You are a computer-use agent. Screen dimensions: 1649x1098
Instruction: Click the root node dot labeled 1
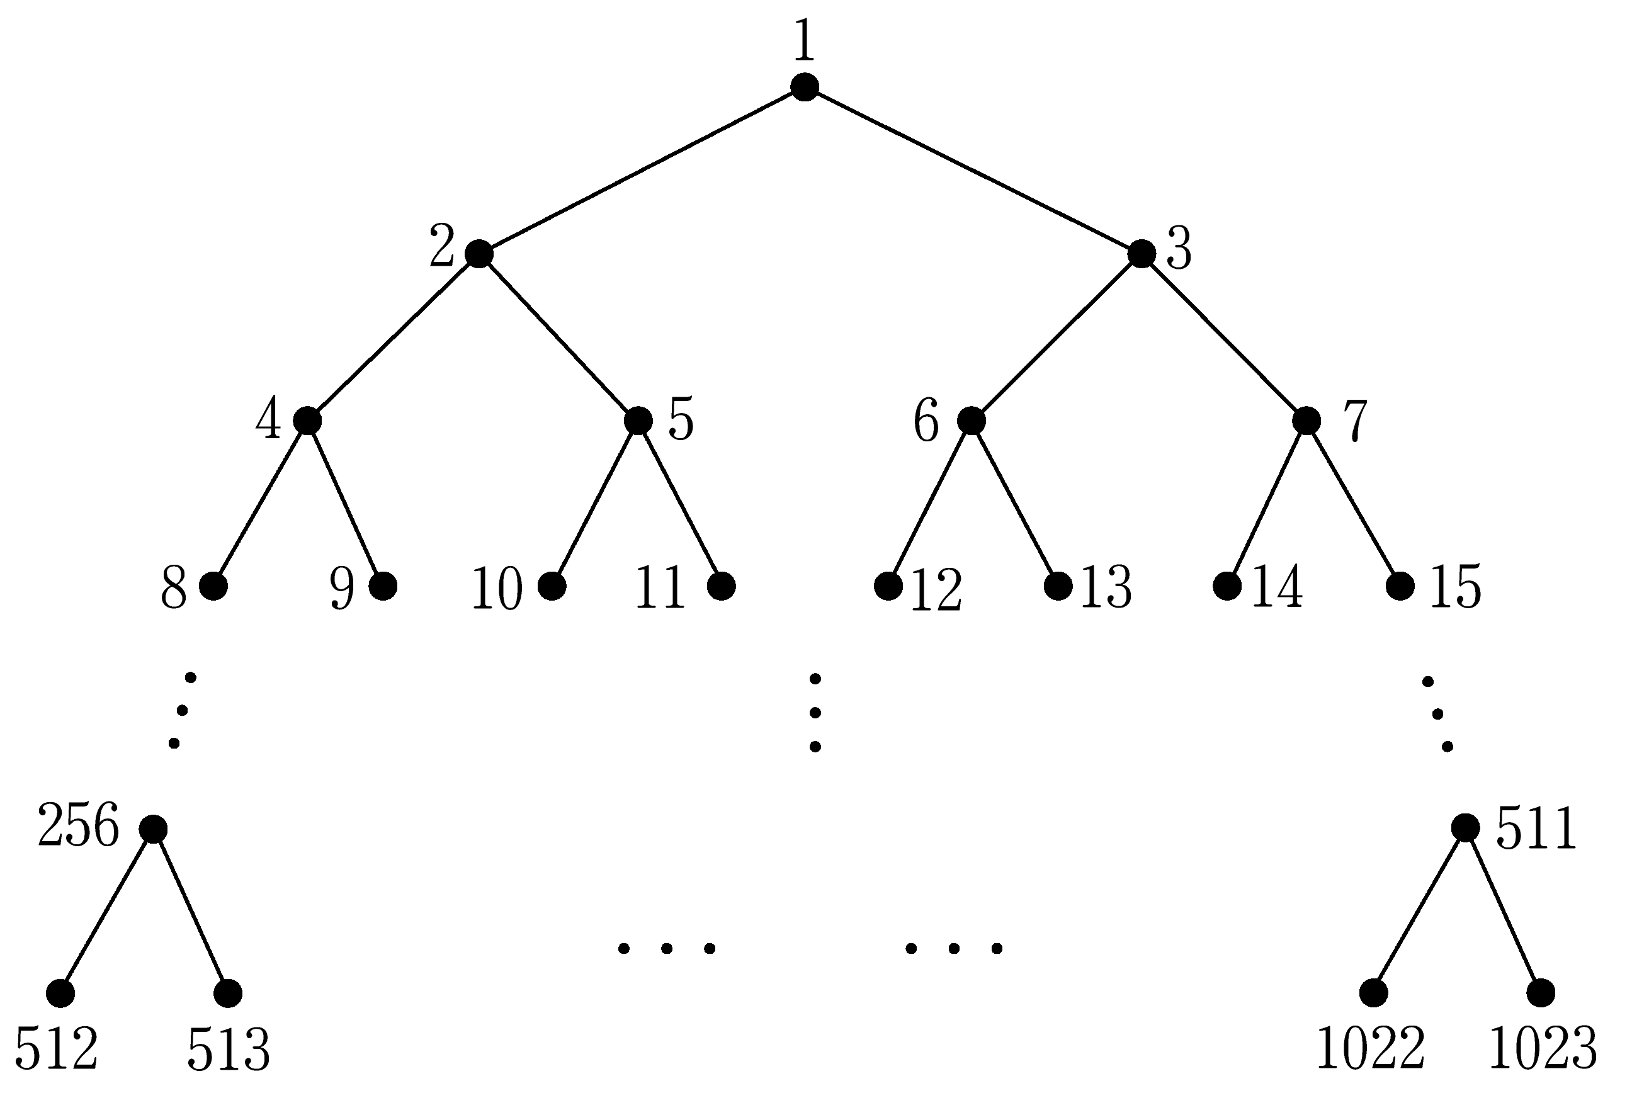[x=805, y=87]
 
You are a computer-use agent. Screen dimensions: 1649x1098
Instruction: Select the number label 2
[x=443, y=246]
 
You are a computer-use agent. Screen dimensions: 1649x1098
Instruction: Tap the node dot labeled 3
[x=1142, y=254]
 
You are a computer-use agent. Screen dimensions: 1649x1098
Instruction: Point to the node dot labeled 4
[x=307, y=420]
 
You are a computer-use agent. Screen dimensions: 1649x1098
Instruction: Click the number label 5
[x=681, y=419]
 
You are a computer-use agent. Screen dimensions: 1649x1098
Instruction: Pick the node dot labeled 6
[x=971, y=420]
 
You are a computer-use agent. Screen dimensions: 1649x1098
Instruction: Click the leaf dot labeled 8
[x=213, y=586]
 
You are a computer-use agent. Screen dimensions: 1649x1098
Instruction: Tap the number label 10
[x=497, y=589]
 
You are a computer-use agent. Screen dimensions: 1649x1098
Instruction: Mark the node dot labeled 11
[x=721, y=586]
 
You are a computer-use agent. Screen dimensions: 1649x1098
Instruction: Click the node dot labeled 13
[x=1058, y=586]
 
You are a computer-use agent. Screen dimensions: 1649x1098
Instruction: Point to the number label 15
[x=1456, y=587]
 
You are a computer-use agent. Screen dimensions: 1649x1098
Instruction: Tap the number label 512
[x=56, y=1048]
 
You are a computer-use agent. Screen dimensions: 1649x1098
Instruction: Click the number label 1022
[x=1371, y=1048]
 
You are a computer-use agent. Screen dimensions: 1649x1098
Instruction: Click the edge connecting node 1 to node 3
[x=973, y=170]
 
